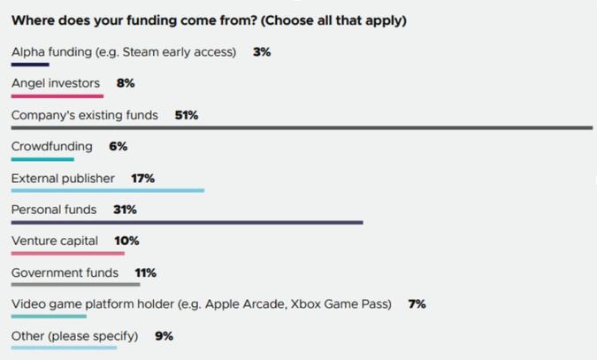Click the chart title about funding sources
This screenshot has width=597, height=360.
209,20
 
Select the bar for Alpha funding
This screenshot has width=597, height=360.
30,65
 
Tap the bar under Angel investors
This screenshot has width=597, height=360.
57,96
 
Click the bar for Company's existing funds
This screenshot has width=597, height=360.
302,127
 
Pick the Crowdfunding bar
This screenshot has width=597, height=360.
42,159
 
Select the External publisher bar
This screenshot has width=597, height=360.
108,190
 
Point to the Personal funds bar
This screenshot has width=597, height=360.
187,222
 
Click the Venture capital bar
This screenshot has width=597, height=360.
68,253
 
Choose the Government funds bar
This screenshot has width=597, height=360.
75,285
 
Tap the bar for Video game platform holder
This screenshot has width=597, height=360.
50,316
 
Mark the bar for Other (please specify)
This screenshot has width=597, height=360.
64,348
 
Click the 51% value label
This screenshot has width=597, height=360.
187,115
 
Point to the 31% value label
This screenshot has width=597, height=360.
125,210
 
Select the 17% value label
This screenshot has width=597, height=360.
142,179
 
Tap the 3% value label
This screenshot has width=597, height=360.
262,52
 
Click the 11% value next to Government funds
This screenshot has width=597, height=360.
145,272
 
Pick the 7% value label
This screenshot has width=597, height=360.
417,304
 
